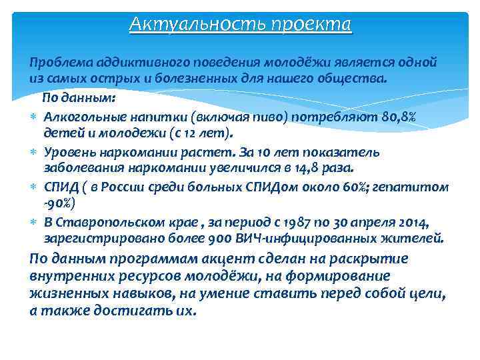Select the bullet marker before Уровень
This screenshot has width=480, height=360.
tap(33, 151)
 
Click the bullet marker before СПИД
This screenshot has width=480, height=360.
tap(33, 187)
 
